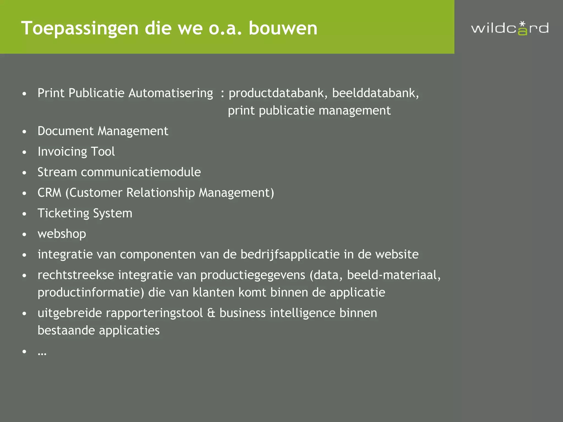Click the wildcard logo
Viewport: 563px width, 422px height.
coord(510,28)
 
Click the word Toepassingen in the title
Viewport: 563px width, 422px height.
coord(80,28)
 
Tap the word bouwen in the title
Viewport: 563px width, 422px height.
coord(283,28)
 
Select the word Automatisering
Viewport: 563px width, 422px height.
coord(170,93)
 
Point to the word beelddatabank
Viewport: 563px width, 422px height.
coord(375,93)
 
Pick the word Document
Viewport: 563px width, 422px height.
coord(65,131)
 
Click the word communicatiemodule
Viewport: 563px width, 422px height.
coord(141,172)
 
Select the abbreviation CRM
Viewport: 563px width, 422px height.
coord(49,193)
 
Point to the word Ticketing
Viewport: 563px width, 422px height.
coord(63,213)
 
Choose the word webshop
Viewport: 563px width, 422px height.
coord(62,234)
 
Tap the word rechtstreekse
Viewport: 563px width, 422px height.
coord(76,275)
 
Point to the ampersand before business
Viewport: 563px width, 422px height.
coord(211,313)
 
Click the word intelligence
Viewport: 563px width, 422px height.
coord(302,313)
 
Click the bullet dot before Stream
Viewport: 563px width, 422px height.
coord(24,173)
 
